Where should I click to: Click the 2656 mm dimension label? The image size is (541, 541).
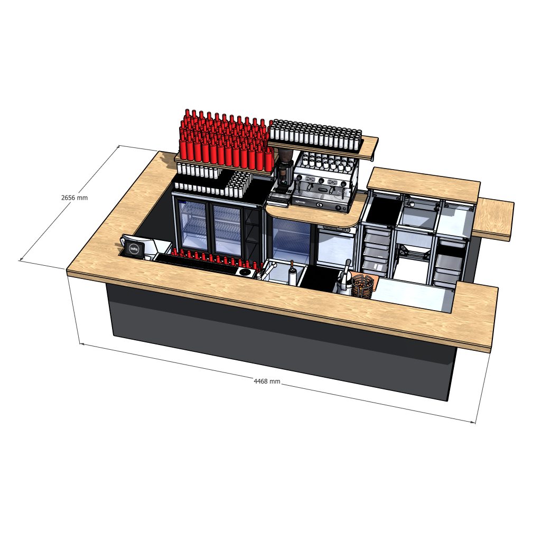[x=74, y=198]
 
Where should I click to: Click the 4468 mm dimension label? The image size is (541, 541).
[x=267, y=381]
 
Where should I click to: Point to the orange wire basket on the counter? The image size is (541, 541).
[x=361, y=285]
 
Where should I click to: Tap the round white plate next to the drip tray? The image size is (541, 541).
[x=246, y=273]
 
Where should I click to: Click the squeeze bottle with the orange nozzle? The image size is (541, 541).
[x=292, y=273]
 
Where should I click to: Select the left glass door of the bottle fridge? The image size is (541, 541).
[x=194, y=224]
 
